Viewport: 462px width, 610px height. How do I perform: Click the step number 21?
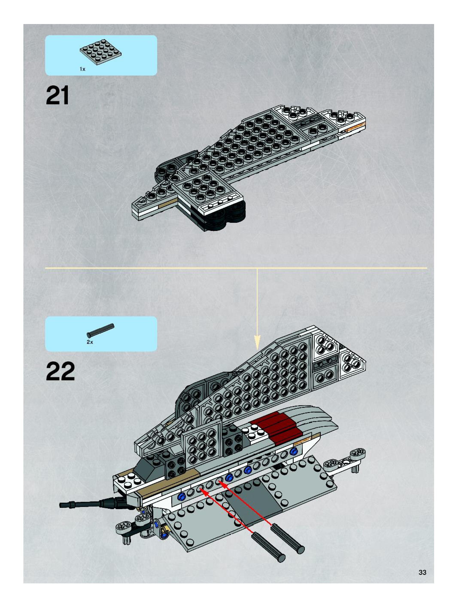(57, 96)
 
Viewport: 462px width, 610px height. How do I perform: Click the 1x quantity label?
(82, 69)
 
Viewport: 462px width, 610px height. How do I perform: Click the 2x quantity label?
(90, 342)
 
